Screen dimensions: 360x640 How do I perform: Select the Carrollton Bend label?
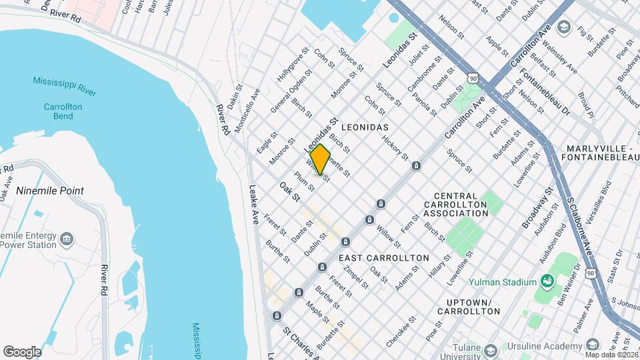(62, 111)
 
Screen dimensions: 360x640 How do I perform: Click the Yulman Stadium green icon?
(547, 280)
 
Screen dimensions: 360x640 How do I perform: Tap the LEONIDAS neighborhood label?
(365, 125)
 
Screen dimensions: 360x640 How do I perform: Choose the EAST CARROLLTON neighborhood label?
(383, 257)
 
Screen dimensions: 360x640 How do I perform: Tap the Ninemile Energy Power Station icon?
(67, 238)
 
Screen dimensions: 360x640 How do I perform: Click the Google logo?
(22, 351)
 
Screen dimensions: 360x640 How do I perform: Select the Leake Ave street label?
(254, 204)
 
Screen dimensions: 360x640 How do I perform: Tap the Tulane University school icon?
(491, 350)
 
